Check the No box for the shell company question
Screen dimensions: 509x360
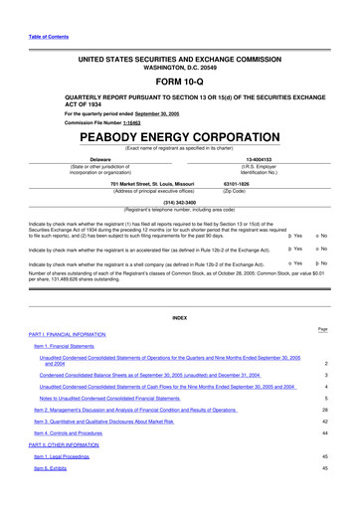click(338, 264)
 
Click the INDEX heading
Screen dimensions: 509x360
click(179, 318)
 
